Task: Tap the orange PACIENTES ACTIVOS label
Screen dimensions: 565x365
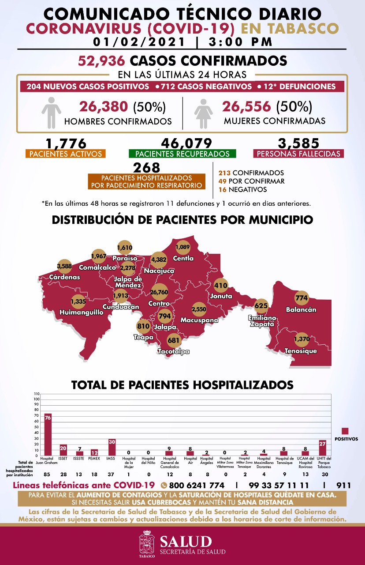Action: [66, 154]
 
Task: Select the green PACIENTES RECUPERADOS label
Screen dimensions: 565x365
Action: [182, 154]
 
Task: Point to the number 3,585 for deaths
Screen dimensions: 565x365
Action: [298, 143]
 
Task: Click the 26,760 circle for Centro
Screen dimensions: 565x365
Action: [159, 292]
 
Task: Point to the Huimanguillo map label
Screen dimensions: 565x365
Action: [81, 313]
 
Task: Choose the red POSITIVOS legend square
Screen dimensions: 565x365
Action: [346, 431]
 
